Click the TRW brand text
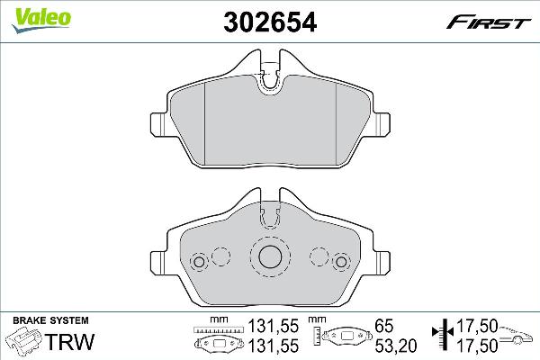66,342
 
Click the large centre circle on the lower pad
269,256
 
